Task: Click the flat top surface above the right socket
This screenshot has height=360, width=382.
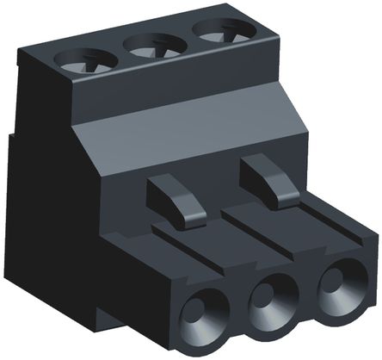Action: (x=331, y=233)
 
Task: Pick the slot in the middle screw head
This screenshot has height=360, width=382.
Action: (x=155, y=45)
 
